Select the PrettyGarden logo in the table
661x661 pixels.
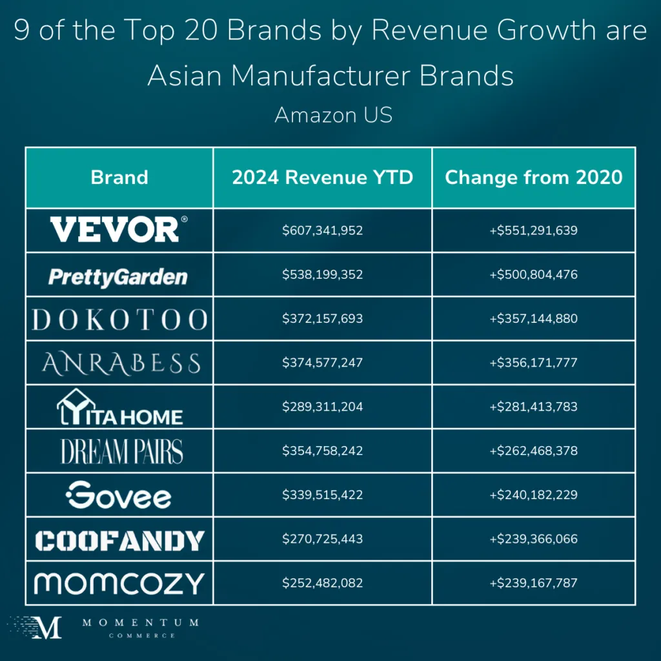click(118, 276)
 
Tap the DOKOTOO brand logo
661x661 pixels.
click(119, 320)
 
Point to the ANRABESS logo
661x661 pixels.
click(121, 364)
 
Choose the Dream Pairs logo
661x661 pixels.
click(121, 451)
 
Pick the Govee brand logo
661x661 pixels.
click(119, 495)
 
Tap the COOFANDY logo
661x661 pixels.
click(119, 540)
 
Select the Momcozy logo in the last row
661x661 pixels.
click(119, 584)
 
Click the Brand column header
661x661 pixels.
click(119, 177)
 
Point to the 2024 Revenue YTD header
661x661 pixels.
click(322, 177)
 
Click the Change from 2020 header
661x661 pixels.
click(534, 177)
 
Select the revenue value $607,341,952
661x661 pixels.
click(322, 230)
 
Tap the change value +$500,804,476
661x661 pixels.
click(534, 274)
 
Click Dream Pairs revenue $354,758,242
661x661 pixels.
click(322, 451)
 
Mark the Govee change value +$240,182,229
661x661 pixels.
click(534, 495)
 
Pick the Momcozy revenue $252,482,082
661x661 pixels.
click(322, 583)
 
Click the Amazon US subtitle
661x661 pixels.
click(333, 115)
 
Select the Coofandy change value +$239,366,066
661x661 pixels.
click(534, 539)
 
